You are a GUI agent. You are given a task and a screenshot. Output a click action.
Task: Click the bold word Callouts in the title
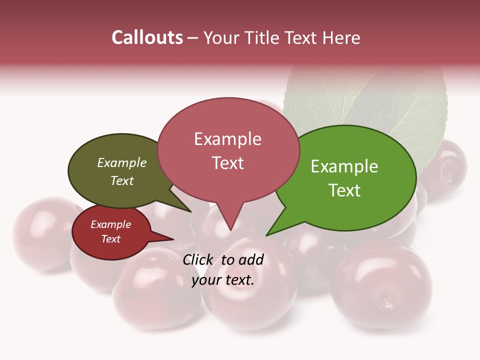tap(147, 37)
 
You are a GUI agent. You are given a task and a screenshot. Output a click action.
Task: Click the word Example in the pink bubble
tap(227, 139)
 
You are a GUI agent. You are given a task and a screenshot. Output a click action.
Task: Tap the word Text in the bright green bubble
tap(345, 190)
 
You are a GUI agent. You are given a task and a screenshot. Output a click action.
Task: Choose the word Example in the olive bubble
tap(121, 163)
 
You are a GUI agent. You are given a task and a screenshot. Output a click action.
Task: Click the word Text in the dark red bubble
tap(111, 239)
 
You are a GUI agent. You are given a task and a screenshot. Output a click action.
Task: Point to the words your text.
tap(223, 280)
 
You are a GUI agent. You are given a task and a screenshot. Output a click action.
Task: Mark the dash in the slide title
tap(193, 38)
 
